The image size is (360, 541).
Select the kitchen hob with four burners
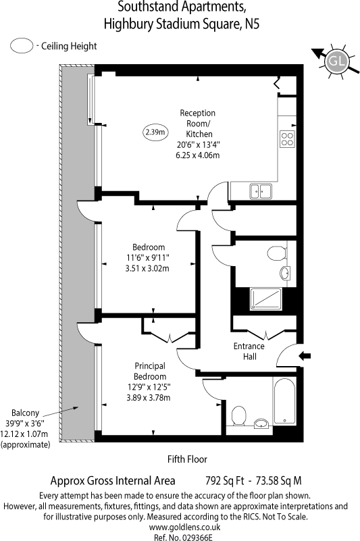point(287,138)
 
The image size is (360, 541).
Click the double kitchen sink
point(260,192)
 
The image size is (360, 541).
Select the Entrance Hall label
point(249,351)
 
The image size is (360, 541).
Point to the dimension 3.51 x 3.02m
point(149,268)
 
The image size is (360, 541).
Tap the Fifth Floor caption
point(187,459)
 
